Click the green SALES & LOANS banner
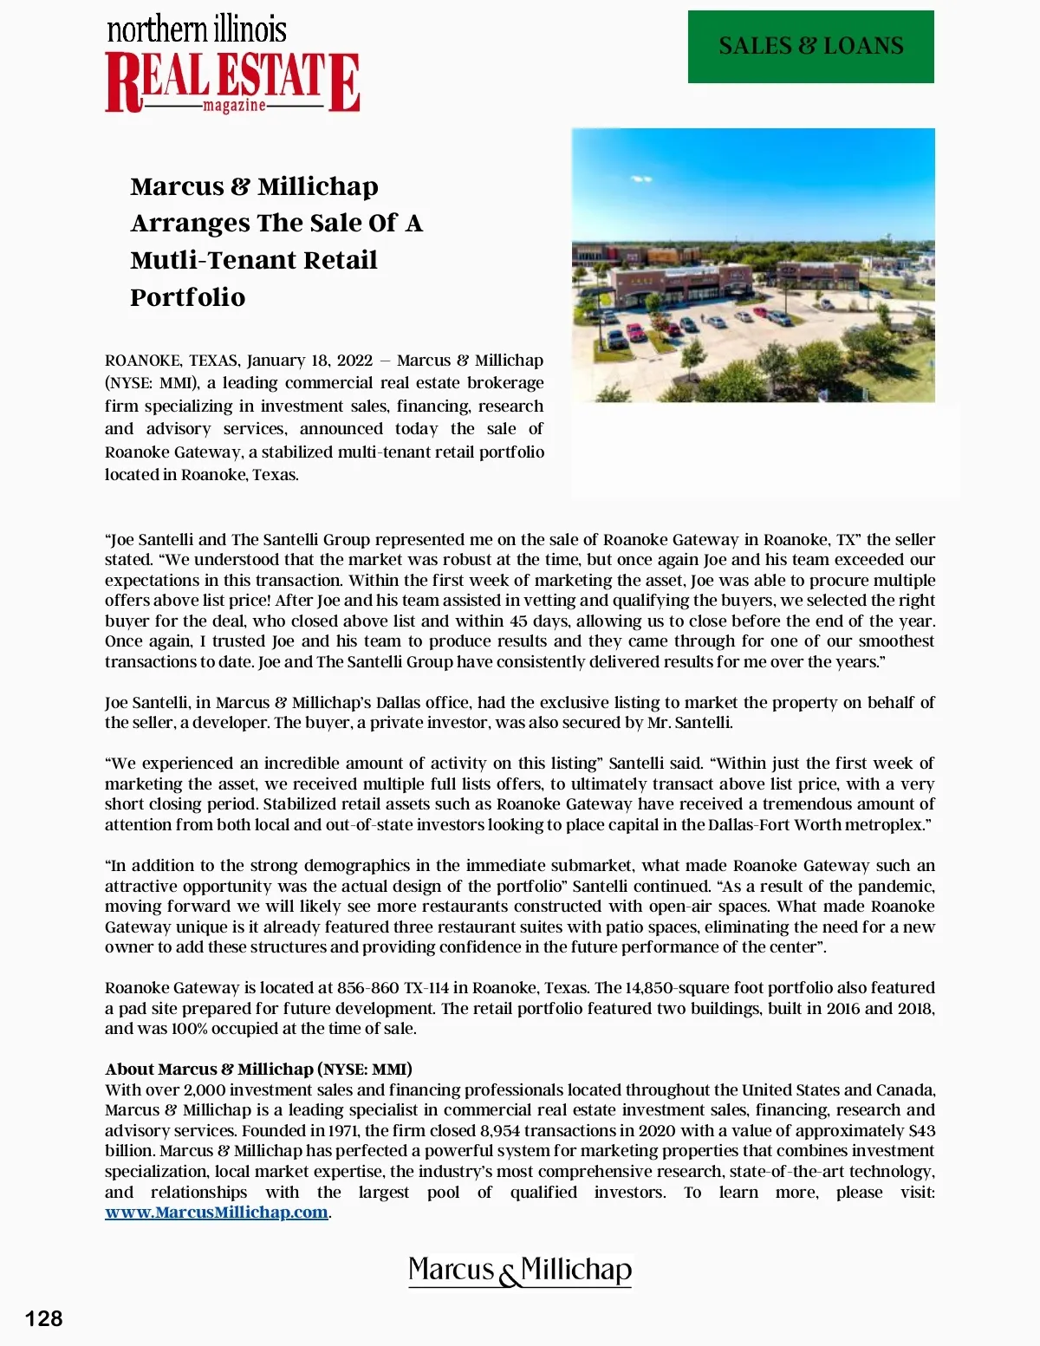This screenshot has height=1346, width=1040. [810, 47]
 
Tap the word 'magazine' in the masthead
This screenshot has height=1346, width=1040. [234, 106]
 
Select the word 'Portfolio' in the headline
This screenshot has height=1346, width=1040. [188, 297]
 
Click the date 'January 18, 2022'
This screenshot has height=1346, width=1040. [309, 361]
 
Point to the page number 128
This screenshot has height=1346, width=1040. [43, 1318]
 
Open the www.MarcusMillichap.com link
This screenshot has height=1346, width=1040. [217, 1213]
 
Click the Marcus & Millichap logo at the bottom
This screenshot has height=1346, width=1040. [520, 1271]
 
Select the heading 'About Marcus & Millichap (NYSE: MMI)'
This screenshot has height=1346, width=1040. [258, 1069]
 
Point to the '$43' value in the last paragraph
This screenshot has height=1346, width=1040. [921, 1131]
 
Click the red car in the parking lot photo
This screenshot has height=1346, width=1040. [635, 332]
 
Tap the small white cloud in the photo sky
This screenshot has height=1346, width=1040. [640, 179]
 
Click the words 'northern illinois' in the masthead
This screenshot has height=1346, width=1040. [197, 29]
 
